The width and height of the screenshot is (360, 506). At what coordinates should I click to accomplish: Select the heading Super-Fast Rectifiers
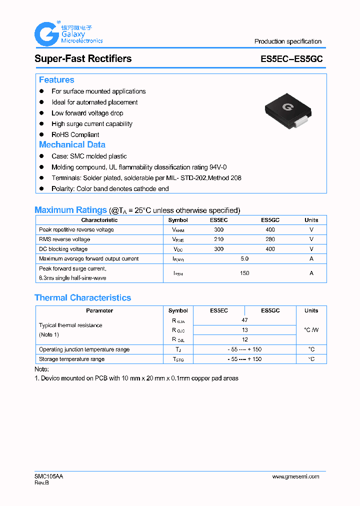(83, 58)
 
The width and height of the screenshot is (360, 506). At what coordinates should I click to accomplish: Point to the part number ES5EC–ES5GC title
(291, 59)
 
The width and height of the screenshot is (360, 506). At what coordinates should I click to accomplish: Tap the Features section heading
(56, 80)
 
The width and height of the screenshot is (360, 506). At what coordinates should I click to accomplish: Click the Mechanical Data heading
(72, 144)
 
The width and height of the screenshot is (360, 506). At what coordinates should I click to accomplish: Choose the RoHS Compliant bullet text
(75, 135)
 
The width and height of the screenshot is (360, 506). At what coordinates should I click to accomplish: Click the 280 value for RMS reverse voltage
(270, 239)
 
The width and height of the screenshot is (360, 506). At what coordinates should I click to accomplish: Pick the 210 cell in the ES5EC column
(218, 239)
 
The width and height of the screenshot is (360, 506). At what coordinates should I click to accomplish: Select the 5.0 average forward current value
(244, 259)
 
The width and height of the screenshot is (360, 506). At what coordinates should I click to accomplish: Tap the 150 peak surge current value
(244, 273)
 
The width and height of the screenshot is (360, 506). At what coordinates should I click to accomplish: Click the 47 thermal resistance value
(244, 320)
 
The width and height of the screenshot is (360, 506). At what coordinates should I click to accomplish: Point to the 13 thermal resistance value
(244, 330)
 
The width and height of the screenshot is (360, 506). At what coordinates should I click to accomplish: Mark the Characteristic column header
(99, 220)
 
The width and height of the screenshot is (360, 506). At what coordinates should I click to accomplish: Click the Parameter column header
(99, 310)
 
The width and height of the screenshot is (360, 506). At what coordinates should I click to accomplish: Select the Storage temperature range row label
(72, 359)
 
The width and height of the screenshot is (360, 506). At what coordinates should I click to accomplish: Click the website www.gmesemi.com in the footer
(295, 476)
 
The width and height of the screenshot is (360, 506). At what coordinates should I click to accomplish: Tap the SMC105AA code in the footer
(49, 476)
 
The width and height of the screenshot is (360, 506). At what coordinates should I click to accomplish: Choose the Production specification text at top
(288, 41)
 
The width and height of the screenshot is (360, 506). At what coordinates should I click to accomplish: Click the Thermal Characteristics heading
(82, 297)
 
